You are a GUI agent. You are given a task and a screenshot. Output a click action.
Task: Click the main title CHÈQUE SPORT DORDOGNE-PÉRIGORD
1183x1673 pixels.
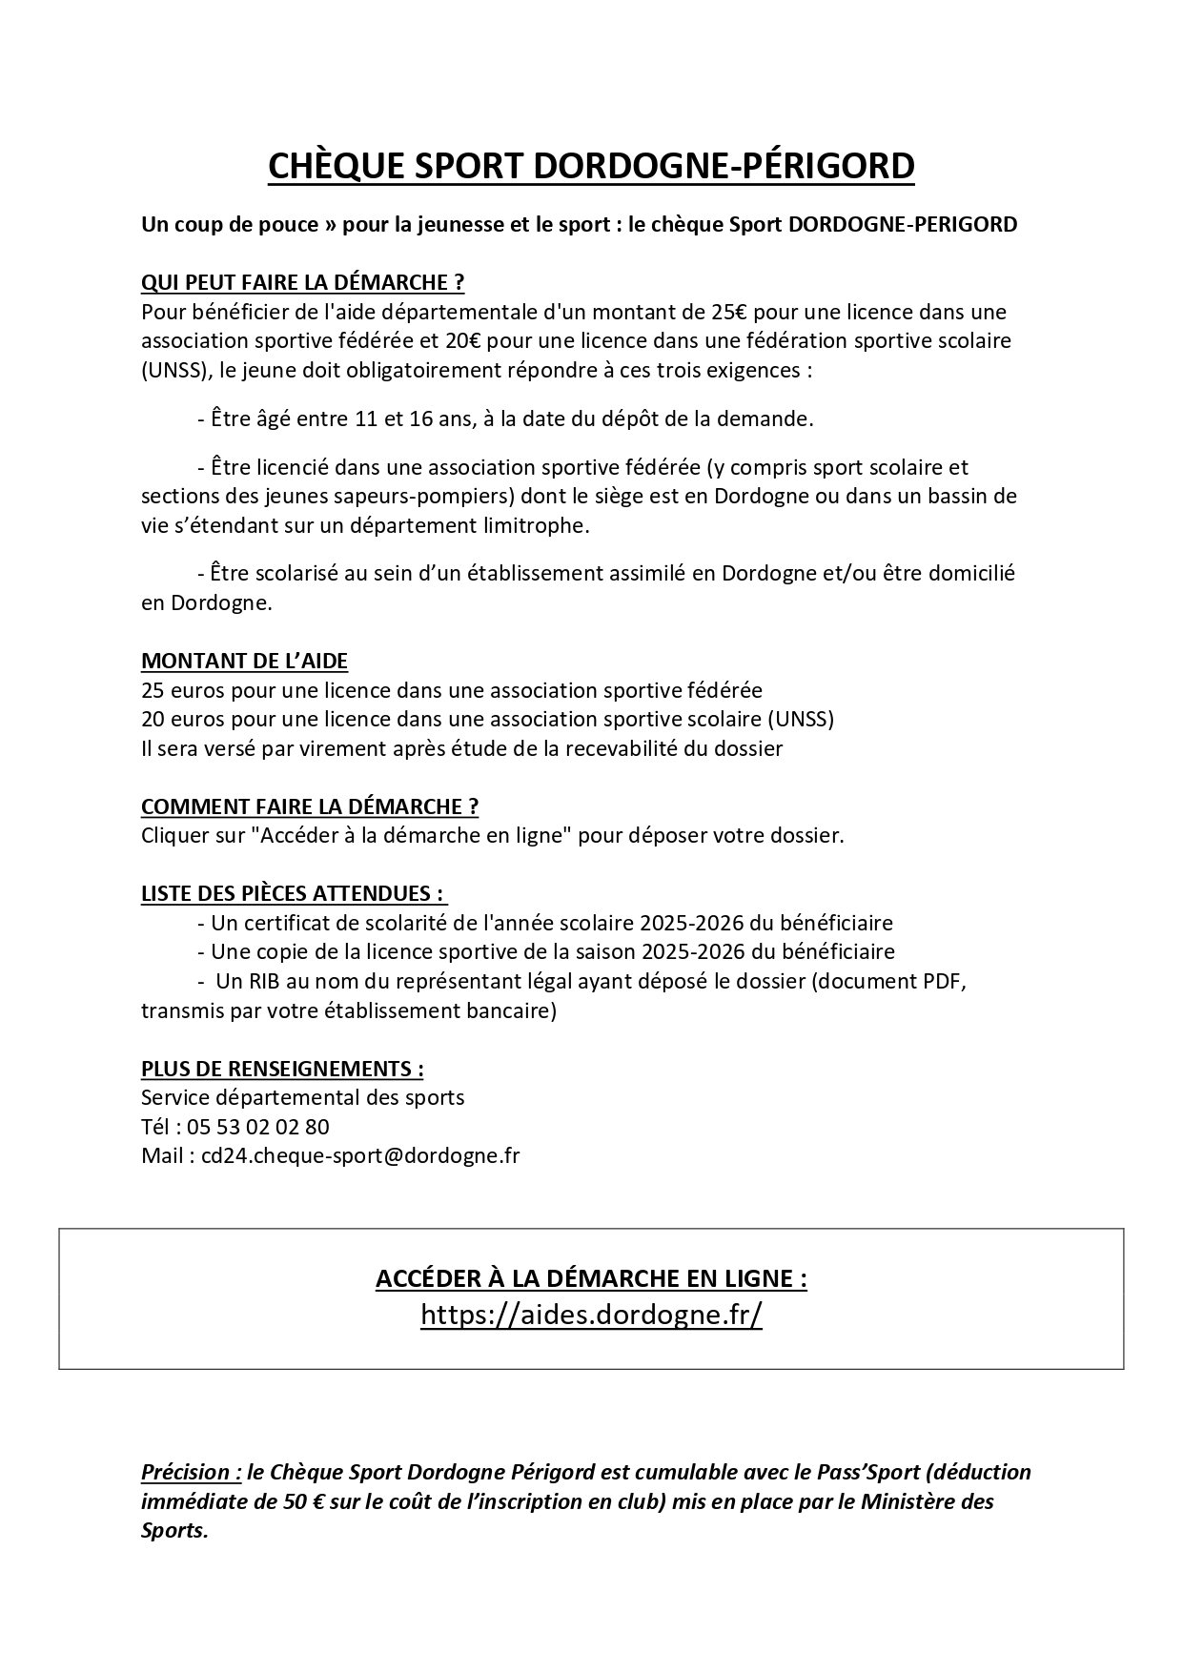coord(591,166)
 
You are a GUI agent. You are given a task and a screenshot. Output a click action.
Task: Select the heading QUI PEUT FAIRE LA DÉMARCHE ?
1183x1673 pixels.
coord(302,282)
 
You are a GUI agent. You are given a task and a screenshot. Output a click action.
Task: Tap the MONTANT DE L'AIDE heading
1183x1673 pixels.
coord(244,661)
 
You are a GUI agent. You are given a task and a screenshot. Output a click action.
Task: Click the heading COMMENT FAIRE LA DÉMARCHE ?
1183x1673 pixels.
coord(310,806)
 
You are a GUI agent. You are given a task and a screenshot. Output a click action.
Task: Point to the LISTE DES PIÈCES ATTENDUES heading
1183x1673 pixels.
coord(293,893)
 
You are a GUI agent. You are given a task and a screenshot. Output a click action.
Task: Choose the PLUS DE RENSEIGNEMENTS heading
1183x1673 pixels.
coord(282,1069)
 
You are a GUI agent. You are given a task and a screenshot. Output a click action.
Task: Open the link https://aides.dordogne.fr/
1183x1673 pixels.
coord(591,1315)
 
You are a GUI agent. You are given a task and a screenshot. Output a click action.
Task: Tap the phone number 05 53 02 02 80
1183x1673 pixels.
coord(258,1127)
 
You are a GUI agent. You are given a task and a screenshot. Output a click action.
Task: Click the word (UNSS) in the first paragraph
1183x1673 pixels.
coord(172,370)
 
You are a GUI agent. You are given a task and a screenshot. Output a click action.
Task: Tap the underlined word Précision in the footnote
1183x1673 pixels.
coord(185,1472)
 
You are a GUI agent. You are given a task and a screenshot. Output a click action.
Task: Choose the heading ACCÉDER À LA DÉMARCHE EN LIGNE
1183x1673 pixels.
coord(591,1278)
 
